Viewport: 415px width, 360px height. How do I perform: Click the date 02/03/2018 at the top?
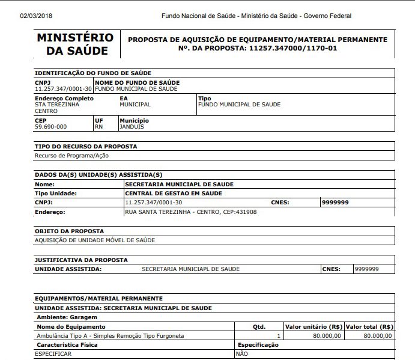[36, 16]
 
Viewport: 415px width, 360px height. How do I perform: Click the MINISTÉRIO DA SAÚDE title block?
[75, 44]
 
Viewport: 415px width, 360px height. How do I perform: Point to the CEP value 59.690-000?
[51, 127]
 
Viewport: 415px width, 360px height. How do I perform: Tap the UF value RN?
[99, 127]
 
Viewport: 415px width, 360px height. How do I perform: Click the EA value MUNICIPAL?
[135, 105]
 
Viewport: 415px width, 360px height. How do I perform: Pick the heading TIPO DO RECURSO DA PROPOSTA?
[86, 146]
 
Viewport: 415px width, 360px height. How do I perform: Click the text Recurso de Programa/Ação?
[71, 156]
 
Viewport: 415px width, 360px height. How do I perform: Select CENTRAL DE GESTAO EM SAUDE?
[173, 194]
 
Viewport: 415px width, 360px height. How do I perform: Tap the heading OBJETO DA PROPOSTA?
[69, 231]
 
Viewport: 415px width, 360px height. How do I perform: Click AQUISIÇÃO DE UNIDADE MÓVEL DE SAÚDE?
[95, 240]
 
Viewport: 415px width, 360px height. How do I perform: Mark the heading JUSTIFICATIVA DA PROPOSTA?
[81, 260]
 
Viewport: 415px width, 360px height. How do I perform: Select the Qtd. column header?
[259, 327]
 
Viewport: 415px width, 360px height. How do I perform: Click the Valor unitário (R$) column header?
[314, 327]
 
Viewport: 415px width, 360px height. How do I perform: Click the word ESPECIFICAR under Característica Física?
[53, 354]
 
